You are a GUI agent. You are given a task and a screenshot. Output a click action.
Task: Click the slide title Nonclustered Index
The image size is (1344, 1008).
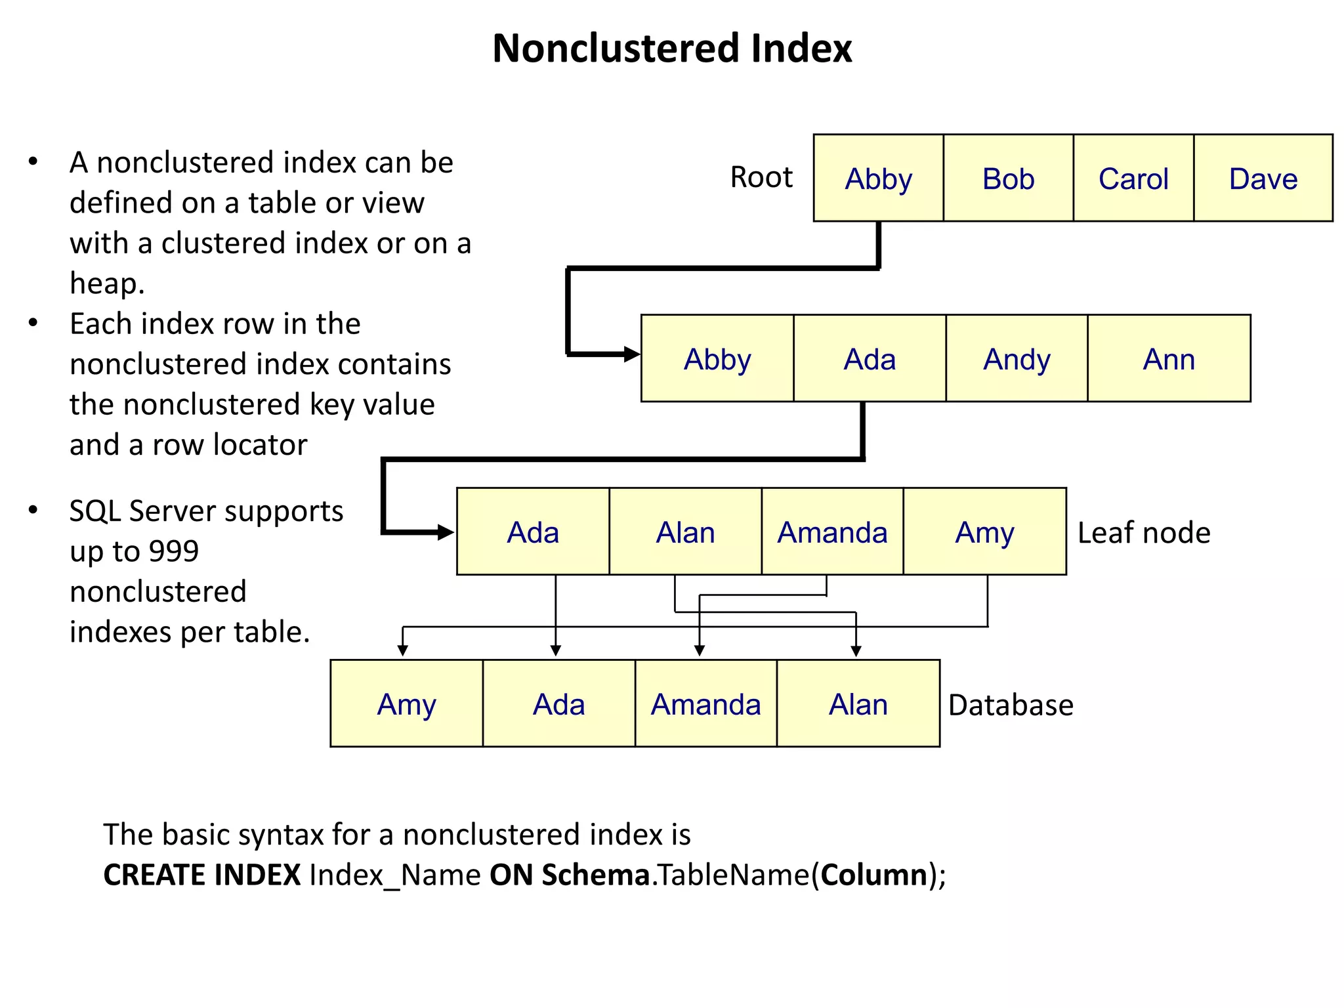click(671, 49)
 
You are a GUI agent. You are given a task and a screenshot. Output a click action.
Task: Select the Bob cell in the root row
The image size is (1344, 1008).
click(1008, 178)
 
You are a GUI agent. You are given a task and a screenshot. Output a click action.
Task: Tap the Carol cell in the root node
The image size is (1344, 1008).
click(1133, 178)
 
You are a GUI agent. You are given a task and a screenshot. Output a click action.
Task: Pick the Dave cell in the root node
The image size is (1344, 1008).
click(1263, 178)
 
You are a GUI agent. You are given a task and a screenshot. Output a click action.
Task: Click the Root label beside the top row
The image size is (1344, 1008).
click(761, 177)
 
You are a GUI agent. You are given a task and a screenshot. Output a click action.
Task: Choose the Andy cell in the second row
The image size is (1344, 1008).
click(1017, 359)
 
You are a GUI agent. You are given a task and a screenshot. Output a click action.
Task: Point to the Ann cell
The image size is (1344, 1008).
click(1169, 359)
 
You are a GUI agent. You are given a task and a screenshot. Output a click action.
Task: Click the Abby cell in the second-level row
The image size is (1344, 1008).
click(717, 359)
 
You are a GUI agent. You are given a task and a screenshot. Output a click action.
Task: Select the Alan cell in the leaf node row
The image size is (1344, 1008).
click(685, 532)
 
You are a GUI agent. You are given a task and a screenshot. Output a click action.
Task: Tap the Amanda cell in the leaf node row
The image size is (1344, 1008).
click(832, 532)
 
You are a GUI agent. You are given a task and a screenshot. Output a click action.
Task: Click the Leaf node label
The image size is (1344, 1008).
click(1144, 533)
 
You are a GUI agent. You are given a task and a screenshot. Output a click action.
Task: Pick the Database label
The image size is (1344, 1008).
click(1011, 705)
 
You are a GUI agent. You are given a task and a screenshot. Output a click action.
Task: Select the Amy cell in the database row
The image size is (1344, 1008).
click(406, 705)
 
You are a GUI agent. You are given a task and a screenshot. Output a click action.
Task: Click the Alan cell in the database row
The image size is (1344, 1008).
click(858, 705)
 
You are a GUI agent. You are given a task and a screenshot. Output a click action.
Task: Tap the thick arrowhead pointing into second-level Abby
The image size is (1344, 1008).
click(632, 354)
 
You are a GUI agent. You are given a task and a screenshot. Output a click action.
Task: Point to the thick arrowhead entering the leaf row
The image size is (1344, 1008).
click(446, 532)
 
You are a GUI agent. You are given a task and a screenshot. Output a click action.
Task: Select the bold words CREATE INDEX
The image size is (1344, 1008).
click(202, 875)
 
